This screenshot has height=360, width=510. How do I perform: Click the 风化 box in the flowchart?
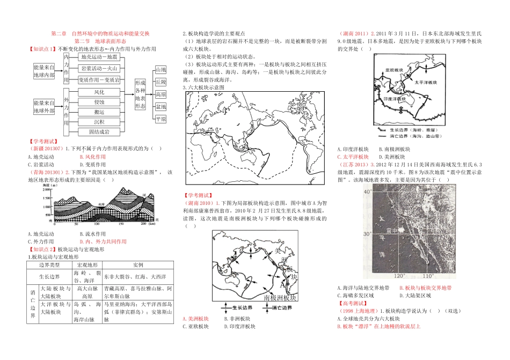(99, 92)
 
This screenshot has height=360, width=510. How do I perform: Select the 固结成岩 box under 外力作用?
(99, 131)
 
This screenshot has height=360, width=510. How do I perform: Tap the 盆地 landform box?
(161, 107)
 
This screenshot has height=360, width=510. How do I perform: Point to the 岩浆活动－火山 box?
(99, 69)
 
